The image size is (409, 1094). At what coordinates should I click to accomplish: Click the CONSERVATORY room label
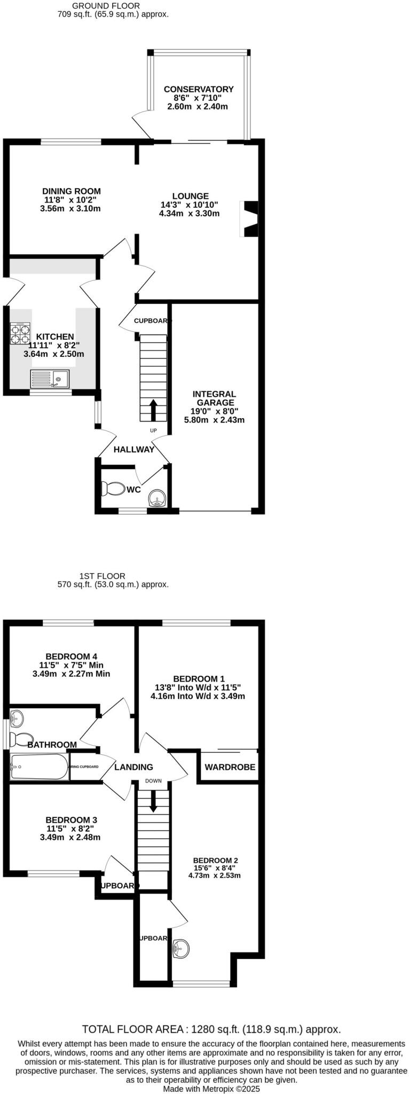pos(199,89)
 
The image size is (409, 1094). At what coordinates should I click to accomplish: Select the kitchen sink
pos(50,379)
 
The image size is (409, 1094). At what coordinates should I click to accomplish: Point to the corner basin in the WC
pos(158,498)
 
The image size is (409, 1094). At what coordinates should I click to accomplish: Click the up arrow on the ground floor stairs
pos(153,410)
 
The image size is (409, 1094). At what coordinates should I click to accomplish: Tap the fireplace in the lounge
pos(250,218)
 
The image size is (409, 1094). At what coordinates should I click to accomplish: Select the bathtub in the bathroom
pos(39,767)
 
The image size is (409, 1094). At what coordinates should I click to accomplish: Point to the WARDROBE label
pos(230,767)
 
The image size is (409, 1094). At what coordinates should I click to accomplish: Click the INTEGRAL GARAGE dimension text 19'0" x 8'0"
pos(214,411)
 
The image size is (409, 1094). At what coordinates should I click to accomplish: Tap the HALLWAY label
pos(133,449)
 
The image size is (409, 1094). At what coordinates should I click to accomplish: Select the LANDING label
pos(133,767)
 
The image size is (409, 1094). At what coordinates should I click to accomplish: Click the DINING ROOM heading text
pos(72,191)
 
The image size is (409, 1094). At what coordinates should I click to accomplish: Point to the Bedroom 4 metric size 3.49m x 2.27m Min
pos(71,674)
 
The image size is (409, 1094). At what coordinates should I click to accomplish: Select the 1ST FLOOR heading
pos(102,576)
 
